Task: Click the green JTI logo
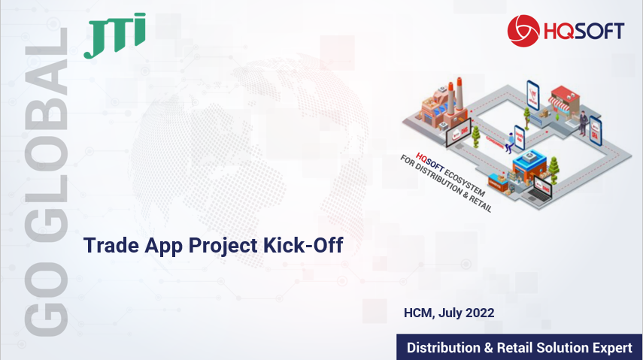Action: [115, 35]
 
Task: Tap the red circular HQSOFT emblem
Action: [523, 31]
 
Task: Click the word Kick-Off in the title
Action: [303, 245]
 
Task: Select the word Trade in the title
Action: [111, 245]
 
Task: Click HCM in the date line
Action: [419, 313]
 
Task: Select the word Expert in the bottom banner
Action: [612, 348]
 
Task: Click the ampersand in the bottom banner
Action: [488, 348]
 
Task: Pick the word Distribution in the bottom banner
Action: [443, 348]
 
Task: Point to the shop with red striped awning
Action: [564, 101]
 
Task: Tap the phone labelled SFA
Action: [595, 131]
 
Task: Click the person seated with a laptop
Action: [509, 143]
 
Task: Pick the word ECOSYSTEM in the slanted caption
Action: [464, 182]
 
